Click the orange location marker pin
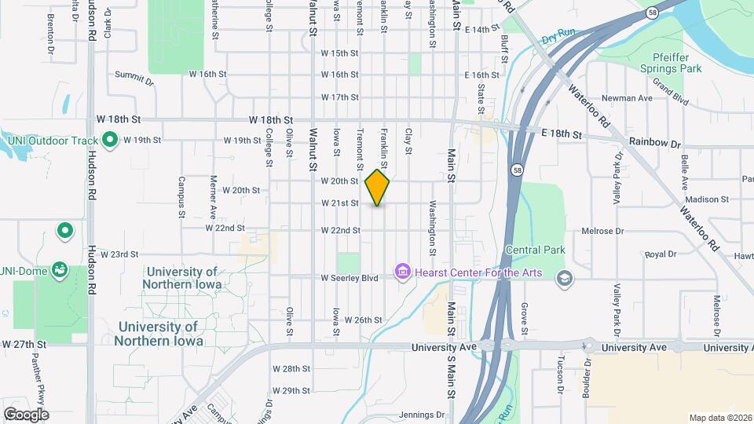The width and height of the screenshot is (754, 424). point(377,187)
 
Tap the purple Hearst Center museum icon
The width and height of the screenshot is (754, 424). point(403,272)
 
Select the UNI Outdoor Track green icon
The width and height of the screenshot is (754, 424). point(111,141)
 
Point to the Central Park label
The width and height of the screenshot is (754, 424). point(535,250)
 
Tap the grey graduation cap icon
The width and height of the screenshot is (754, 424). point(564,278)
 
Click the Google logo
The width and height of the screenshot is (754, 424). point(25,414)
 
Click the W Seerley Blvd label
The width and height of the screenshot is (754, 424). point(350,278)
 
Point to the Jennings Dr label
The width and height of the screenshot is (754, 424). point(422,415)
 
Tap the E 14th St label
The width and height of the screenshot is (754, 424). point(481,29)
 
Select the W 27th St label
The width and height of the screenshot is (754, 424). point(24,344)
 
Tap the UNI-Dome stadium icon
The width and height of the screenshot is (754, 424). point(60,271)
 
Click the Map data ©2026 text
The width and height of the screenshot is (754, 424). point(720,418)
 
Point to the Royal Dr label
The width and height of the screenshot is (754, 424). point(660,254)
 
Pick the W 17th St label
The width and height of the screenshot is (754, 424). point(339,97)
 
